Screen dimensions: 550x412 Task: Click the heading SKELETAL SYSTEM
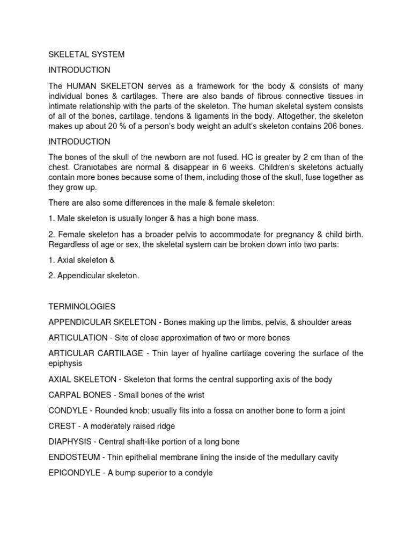[86, 54]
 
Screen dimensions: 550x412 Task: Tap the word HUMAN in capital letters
[83, 85]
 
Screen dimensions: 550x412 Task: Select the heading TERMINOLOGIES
[82, 307]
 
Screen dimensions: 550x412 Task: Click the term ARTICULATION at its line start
[78, 338]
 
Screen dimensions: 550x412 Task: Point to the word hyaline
[225, 353]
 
